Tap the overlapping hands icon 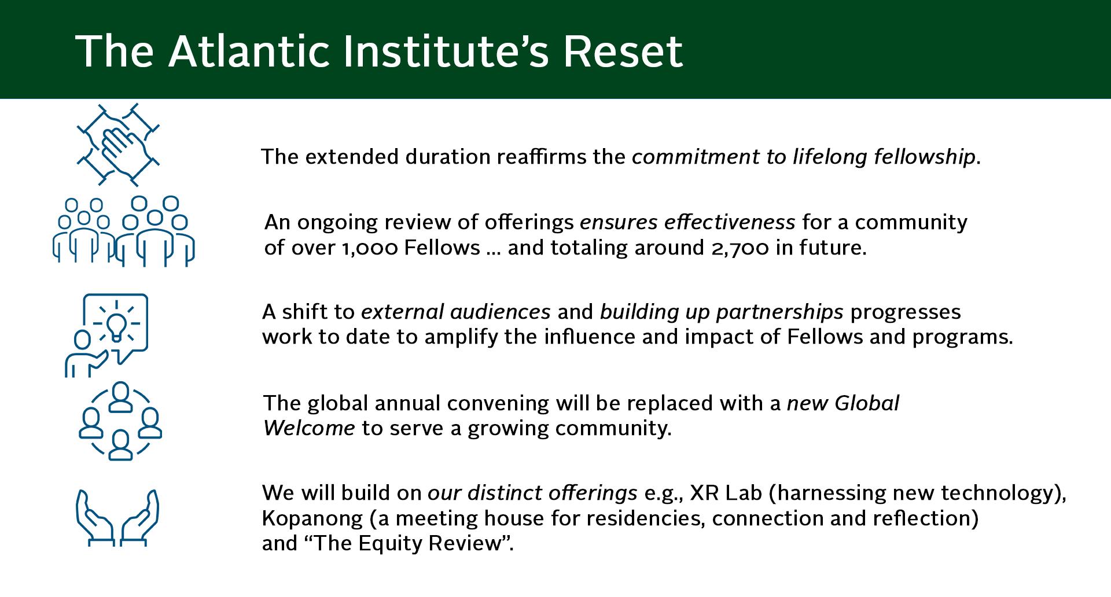[x=119, y=145]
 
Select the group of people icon [x=124, y=231]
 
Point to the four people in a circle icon [x=120, y=421]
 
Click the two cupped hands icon [x=117, y=518]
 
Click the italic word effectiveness [x=730, y=223]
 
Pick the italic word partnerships [x=779, y=313]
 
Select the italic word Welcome [x=309, y=429]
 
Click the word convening [x=498, y=404]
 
